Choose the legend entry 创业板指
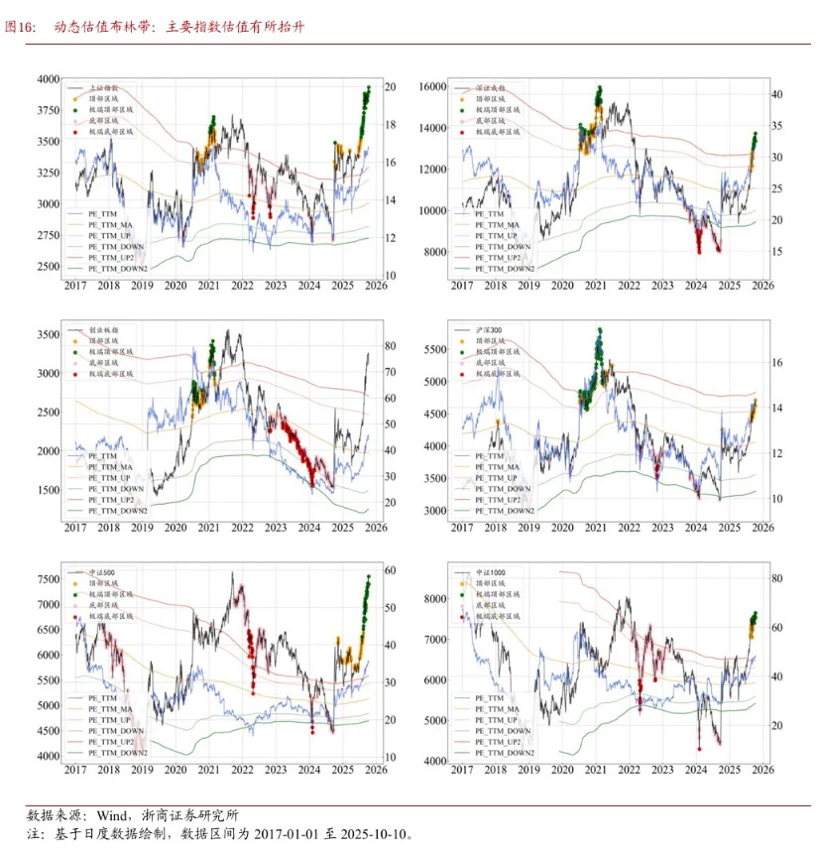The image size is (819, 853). (102, 329)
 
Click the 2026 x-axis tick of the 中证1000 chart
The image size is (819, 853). (761, 771)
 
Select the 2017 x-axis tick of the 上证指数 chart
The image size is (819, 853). (75, 287)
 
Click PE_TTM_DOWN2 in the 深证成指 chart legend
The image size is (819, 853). (505, 268)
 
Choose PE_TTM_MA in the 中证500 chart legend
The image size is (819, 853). (110, 709)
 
